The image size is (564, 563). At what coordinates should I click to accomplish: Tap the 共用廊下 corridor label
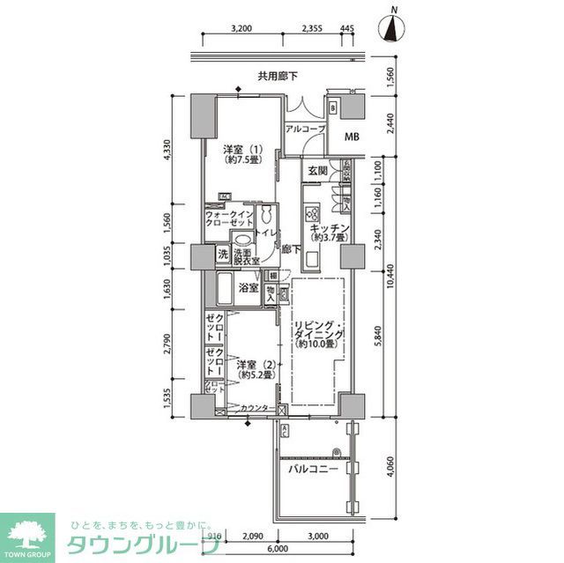point(278,77)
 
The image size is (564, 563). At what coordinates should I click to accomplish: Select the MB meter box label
point(352,137)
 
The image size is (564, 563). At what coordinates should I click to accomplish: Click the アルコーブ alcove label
point(305,129)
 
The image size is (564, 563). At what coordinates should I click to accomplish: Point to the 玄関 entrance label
point(317,171)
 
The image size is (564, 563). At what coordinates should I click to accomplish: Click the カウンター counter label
point(256,406)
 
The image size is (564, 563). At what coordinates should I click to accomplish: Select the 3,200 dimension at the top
point(241,28)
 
